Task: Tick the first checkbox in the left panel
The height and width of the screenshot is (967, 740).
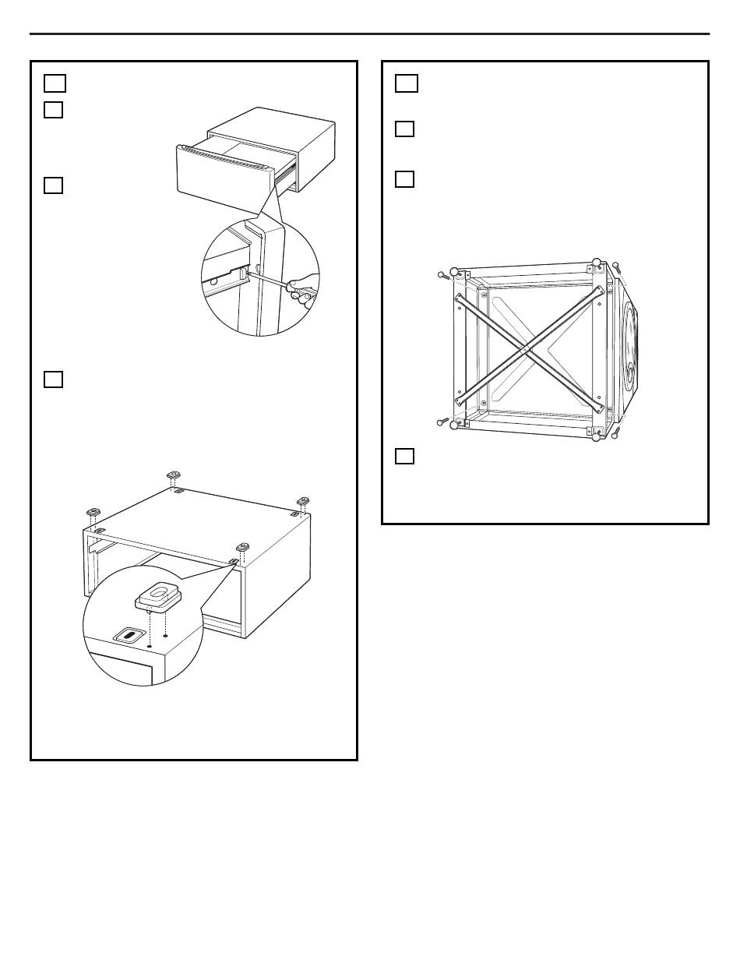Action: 54,83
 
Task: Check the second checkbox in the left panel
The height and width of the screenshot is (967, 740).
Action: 54,110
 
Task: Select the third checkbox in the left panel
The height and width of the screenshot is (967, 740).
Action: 54,185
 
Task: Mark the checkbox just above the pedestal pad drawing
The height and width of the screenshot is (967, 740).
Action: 54,379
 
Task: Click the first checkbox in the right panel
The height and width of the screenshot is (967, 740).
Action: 406,83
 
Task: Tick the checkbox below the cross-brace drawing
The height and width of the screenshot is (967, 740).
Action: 404,457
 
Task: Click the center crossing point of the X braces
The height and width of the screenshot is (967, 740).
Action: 530,351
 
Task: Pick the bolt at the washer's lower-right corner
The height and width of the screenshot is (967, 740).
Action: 617,432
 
